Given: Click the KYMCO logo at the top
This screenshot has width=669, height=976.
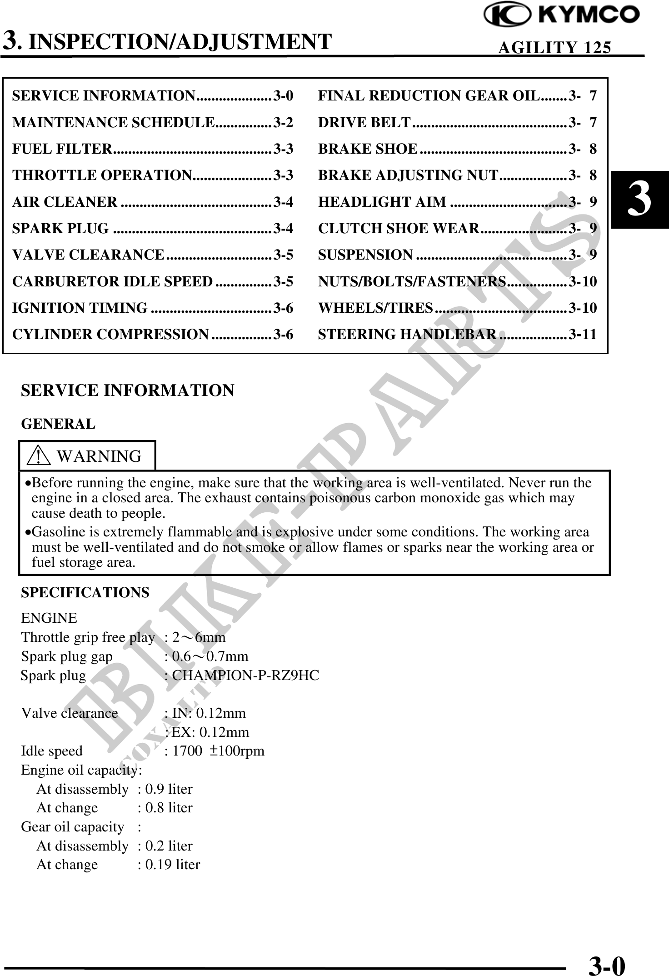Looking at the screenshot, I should [562, 15].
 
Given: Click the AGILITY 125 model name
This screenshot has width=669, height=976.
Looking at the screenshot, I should [554, 47].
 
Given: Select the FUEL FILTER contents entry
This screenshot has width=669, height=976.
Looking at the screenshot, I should [62, 149].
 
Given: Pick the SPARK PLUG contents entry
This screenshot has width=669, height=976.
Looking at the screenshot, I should [60, 228].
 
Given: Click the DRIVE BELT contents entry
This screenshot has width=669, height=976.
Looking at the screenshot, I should [364, 123].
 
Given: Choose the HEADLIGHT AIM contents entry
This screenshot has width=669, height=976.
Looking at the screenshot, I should [382, 202].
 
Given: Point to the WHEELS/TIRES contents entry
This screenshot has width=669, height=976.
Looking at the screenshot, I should [375, 308].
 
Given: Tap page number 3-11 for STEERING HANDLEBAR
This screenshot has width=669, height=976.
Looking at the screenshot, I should [583, 335].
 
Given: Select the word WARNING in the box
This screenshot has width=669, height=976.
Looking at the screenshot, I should [99, 456].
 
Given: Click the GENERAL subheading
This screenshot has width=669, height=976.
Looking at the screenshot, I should [58, 424].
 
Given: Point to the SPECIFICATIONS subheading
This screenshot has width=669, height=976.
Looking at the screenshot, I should [85, 593].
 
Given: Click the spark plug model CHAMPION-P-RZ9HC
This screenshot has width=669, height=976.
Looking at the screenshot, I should [245, 676].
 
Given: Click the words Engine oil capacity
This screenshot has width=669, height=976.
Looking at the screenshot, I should [81, 770].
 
